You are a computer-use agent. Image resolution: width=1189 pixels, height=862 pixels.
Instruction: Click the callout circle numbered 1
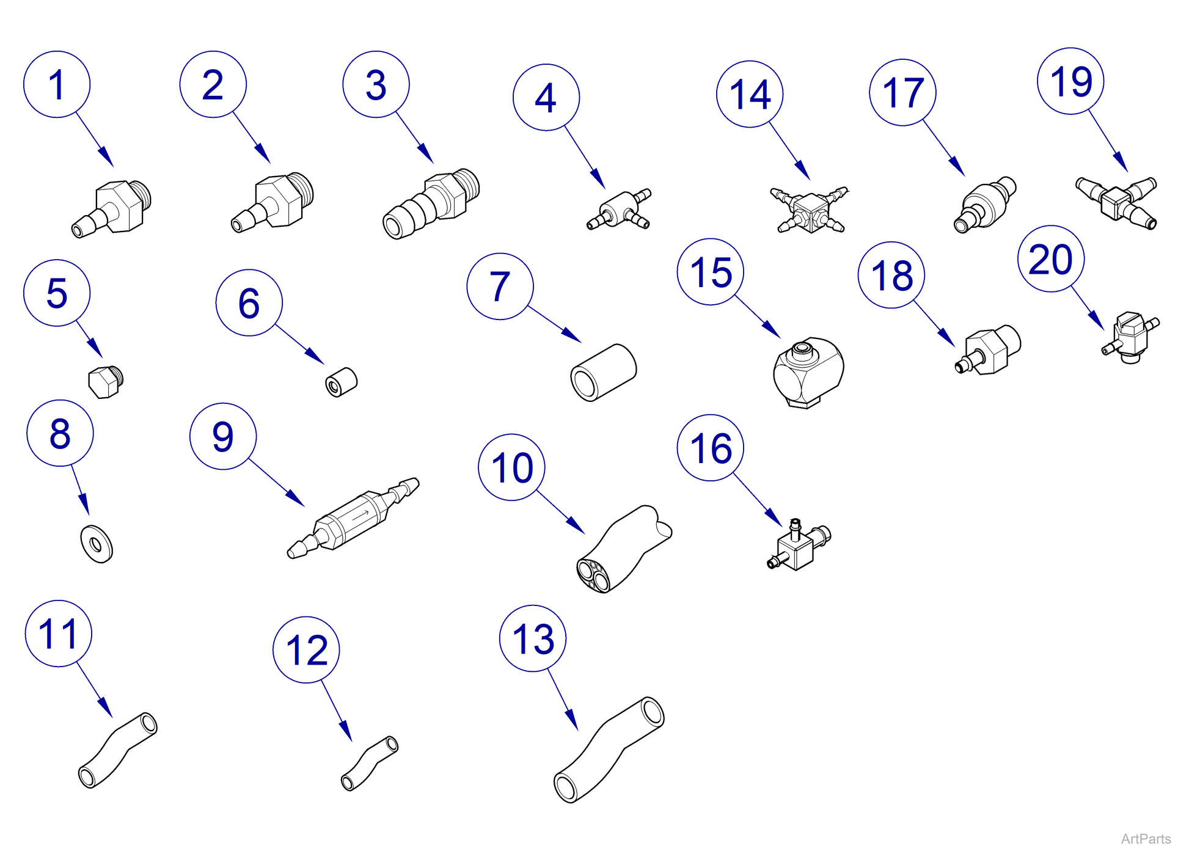[57, 84]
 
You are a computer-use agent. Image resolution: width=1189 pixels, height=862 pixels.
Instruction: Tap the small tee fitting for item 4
[621, 210]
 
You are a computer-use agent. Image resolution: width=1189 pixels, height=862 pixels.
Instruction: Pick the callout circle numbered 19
[1070, 81]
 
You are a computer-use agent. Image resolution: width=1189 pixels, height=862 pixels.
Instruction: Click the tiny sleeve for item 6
[342, 382]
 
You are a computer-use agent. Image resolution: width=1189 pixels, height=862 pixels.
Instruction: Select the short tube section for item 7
[604, 373]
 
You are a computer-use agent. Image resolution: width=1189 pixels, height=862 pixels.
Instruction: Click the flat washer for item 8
[97, 543]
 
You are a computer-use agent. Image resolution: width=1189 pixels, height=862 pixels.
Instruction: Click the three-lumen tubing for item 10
[623, 550]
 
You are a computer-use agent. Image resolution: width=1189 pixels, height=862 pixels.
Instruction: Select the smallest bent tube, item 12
[369, 764]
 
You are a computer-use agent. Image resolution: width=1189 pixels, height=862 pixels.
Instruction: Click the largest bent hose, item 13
[609, 750]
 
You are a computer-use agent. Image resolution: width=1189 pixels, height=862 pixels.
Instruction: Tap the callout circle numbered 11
[59, 634]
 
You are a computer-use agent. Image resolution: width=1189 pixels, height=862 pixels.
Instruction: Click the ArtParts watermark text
[1146, 839]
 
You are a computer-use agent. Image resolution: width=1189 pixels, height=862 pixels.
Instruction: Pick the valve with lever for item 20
[1129, 336]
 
